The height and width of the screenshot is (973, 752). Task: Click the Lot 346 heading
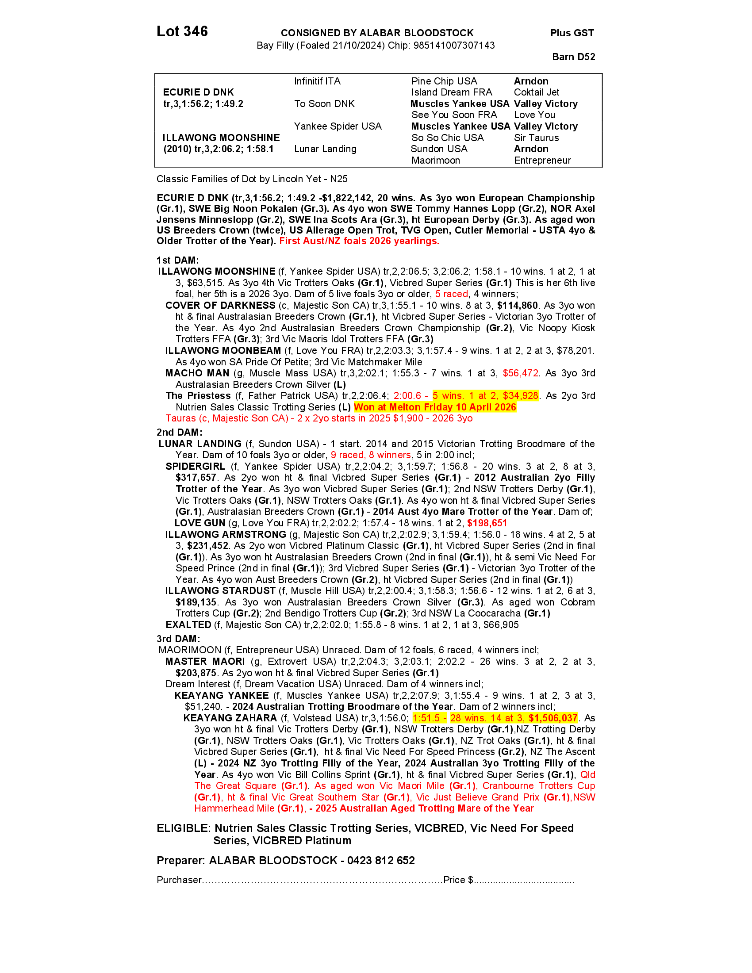coord(182,32)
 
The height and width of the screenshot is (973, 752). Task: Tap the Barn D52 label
coord(573,57)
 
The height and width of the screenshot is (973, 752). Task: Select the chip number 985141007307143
coord(454,46)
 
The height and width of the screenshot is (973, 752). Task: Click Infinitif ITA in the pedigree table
coord(317,81)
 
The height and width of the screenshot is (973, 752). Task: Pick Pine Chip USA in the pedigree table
coord(444,81)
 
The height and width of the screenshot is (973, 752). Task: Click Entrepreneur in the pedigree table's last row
coord(542,161)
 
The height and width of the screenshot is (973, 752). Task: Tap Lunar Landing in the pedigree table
coord(325,149)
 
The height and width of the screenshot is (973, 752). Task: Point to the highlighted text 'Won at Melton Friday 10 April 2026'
coord(435,407)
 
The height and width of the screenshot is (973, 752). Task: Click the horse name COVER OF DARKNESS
coord(221,306)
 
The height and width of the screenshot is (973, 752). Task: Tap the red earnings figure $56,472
coord(520,373)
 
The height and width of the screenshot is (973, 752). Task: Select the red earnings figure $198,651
coord(487,524)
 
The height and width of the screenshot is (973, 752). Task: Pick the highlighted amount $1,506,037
coord(553,718)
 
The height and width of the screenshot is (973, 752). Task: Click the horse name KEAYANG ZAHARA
coord(230,718)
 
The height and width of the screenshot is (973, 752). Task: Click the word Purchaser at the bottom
coord(179,880)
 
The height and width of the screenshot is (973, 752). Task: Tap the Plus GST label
coord(572,33)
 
